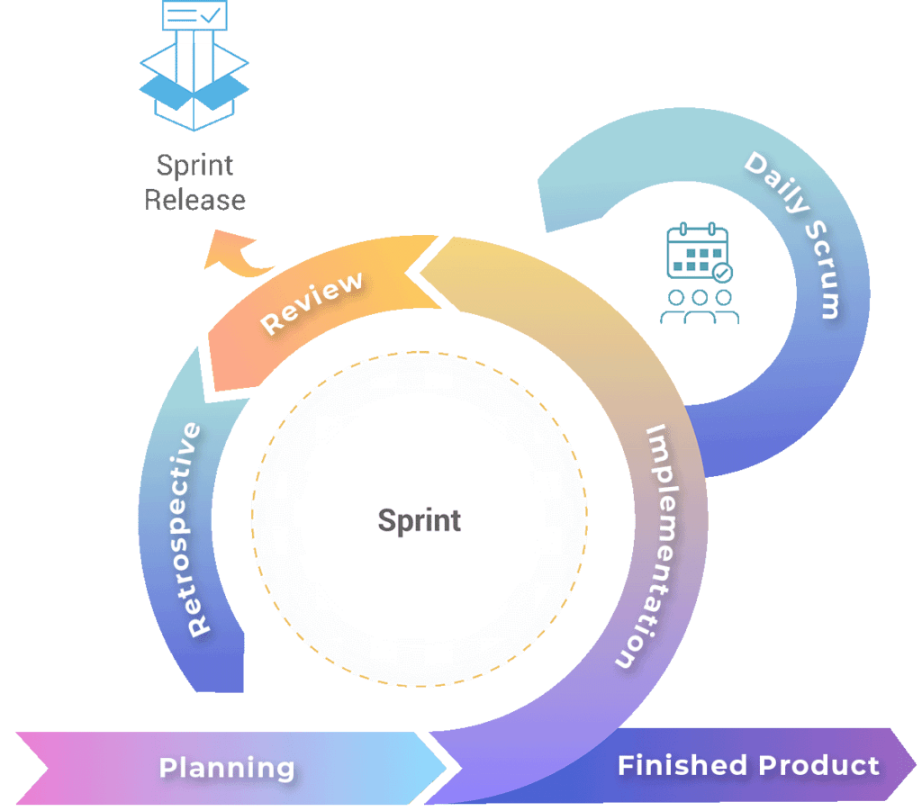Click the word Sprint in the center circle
(x=420, y=520)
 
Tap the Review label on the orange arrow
(x=312, y=302)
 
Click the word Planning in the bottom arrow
(x=227, y=768)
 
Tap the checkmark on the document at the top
(x=209, y=14)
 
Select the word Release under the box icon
(x=195, y=199)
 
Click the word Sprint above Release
(x=195, y=166)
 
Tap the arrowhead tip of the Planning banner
(x=447, y=767)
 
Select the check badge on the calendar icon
(x=721, y=271)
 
